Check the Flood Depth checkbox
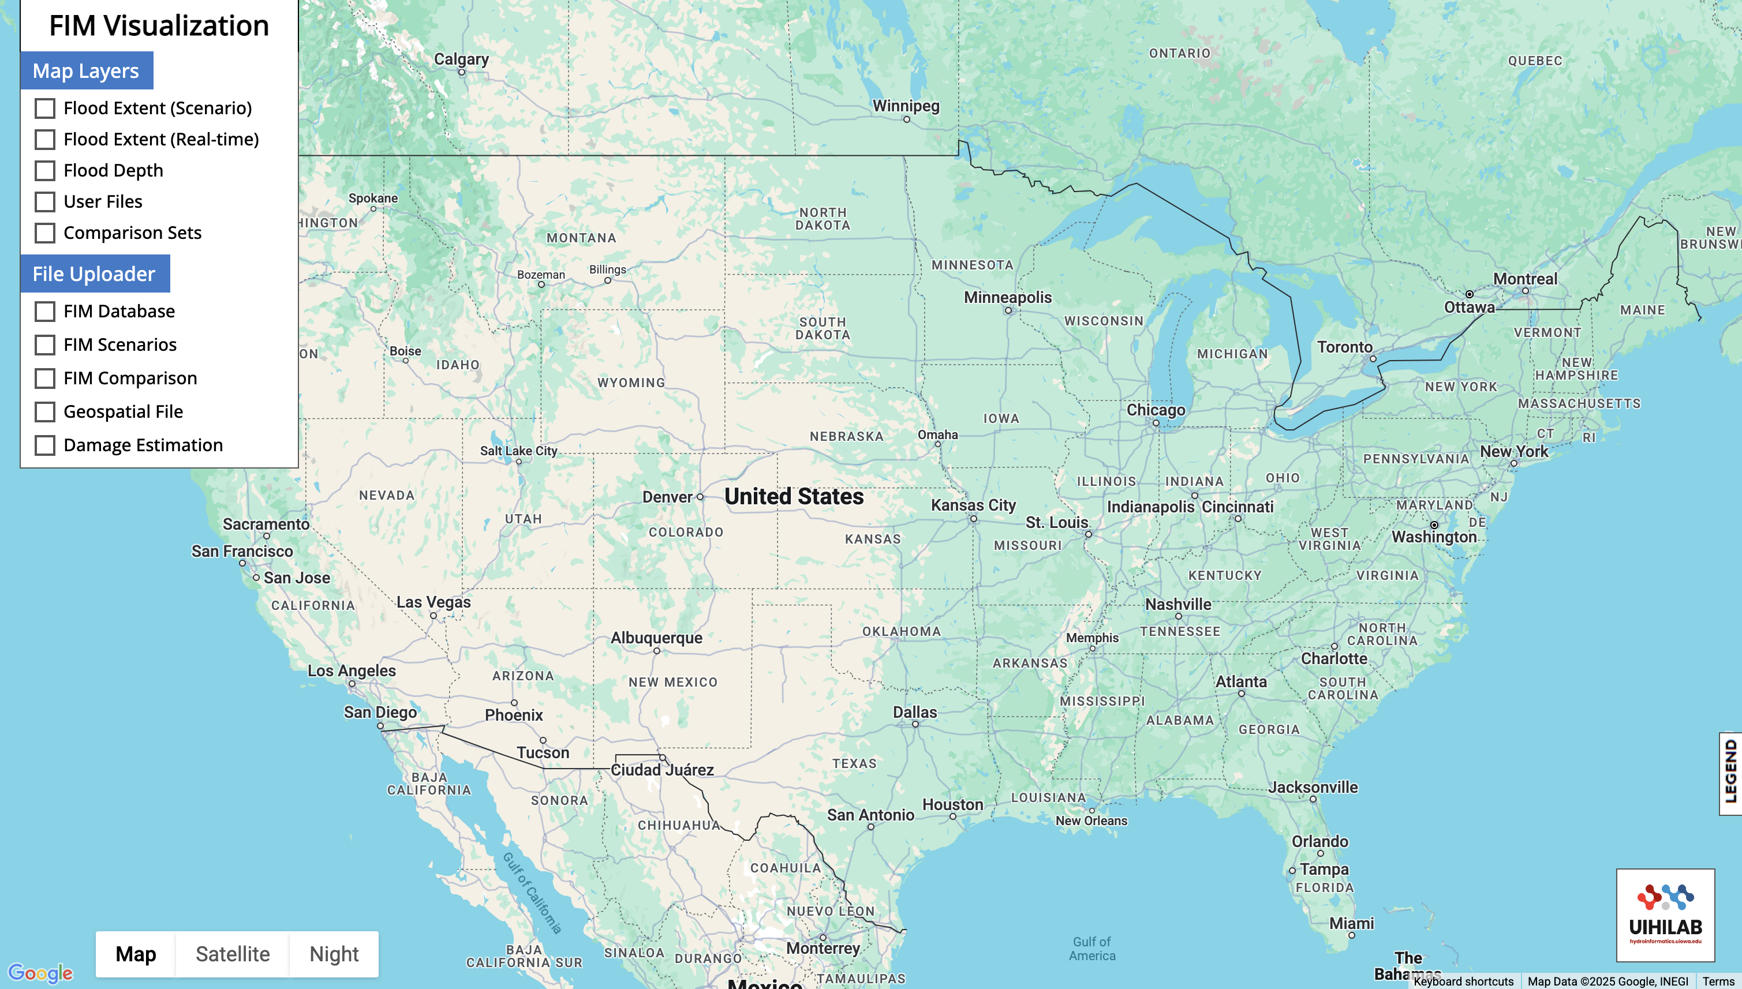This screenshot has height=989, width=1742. [45, 170]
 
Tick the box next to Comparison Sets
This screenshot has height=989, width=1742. [45, 233]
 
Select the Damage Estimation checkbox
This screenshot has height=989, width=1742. [45, 445]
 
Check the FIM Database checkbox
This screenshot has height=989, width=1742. [45, 312]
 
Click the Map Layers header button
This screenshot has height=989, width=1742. [86, 70]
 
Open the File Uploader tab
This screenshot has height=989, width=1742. [95, 274]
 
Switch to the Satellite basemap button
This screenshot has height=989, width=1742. [233, 954]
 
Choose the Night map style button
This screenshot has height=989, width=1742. [334, 954]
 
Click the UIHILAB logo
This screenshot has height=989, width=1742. [1665, 915]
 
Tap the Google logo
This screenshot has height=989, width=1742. [40, 973]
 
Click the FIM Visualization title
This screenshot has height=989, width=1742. [159, 26]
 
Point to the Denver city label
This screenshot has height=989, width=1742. [667, 497]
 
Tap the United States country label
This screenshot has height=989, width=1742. [794, 497]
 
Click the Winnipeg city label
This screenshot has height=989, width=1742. [906, 106]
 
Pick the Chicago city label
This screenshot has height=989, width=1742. [1156, 410]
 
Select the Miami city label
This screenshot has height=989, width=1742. [1351, 923]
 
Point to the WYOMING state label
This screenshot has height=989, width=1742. [631, 383]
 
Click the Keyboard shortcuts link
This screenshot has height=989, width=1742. [1463, 981]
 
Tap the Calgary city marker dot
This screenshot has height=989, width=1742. [462, 72]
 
